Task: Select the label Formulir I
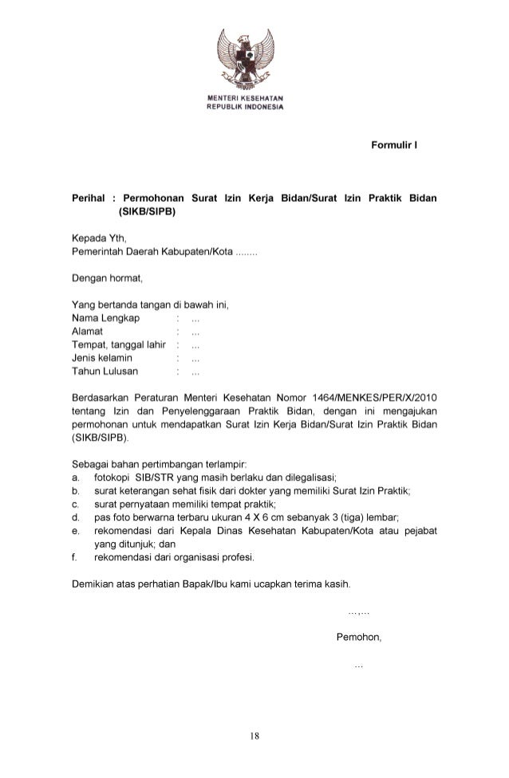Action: click(395, 146)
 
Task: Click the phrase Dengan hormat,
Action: click(106, 278)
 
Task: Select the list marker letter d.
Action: click(74, 517)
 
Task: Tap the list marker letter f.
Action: click(74, 556)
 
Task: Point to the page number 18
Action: click(254, 736)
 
